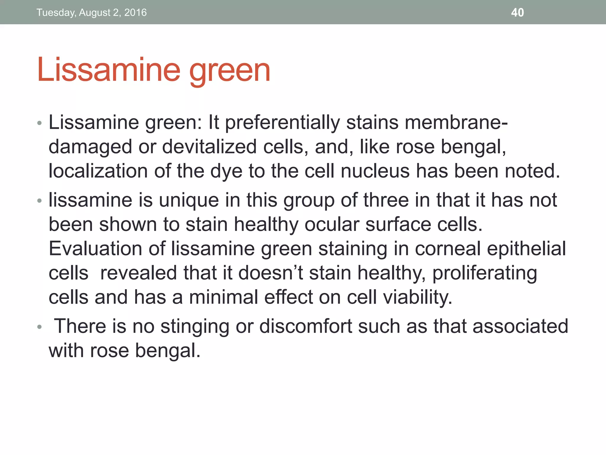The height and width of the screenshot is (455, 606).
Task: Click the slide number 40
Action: tap(517, 12)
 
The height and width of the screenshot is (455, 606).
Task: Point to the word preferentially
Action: tap(283, 123)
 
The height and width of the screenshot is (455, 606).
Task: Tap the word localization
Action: tap(98, 171)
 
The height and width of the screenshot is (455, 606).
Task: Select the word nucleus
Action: tap(375, 171)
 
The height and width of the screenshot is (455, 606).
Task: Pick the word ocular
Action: tap(332, 224)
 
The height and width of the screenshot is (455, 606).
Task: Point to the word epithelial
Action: tap(526, 249)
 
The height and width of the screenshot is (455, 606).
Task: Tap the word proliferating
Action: tap(485, 273)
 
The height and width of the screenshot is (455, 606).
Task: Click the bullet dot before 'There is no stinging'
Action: tap(40, 327)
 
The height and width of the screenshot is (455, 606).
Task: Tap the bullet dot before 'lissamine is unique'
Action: tap(40, 201)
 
